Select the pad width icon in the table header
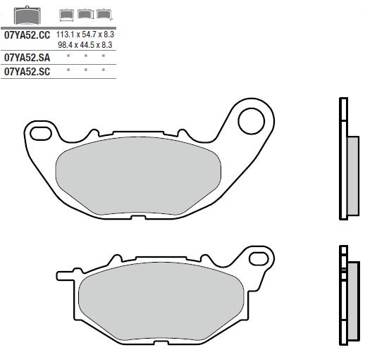click(68, 14)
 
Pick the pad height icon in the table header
click(85, 14)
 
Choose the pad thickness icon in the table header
click(104, 14)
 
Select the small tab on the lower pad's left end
click(62, 272)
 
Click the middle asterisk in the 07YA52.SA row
click(85, 56)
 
